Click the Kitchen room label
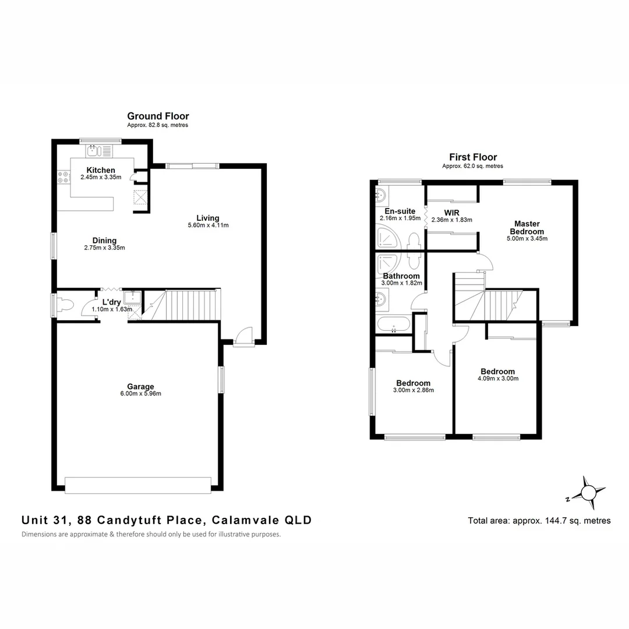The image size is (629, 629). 101,170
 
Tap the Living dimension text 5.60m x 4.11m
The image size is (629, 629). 208,225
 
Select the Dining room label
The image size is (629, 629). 104,241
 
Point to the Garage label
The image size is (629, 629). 140,386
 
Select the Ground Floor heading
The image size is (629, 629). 158,116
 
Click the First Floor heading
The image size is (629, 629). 473,157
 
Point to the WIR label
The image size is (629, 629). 452,213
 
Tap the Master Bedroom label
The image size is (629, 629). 526,228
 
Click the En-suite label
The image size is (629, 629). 400,211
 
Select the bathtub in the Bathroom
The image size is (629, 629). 394,326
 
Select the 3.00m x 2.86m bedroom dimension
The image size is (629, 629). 414,390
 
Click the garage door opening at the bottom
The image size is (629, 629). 138,485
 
